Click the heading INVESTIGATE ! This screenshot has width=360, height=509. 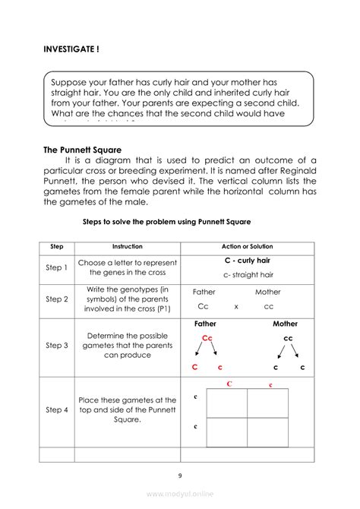click(x=71, y=49)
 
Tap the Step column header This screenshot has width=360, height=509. click(x=56, y=247)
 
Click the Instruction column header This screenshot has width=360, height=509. click(x=127, y=247)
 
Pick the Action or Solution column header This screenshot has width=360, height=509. click(x=247, y=247)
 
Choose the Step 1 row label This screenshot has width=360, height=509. click(x=56, y=267)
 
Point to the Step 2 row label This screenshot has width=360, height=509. click(x=56, y=299)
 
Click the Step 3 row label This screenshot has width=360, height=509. click(x=56, y=346)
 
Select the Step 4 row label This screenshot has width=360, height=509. click(x=56, y=410)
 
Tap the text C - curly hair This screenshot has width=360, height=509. click(x=247, y=261)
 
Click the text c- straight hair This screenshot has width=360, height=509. click(x=248, y=275)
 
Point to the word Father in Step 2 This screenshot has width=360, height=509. click(x=204, y=292)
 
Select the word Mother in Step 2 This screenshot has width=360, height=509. click(x=267, y=292)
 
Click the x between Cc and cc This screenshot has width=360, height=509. click(x=236, y=307)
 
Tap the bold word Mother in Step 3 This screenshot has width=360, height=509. click(x=285, y=324)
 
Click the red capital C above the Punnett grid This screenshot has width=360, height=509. click(x=229, y=384)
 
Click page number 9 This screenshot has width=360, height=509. click(x=180, y=476)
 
